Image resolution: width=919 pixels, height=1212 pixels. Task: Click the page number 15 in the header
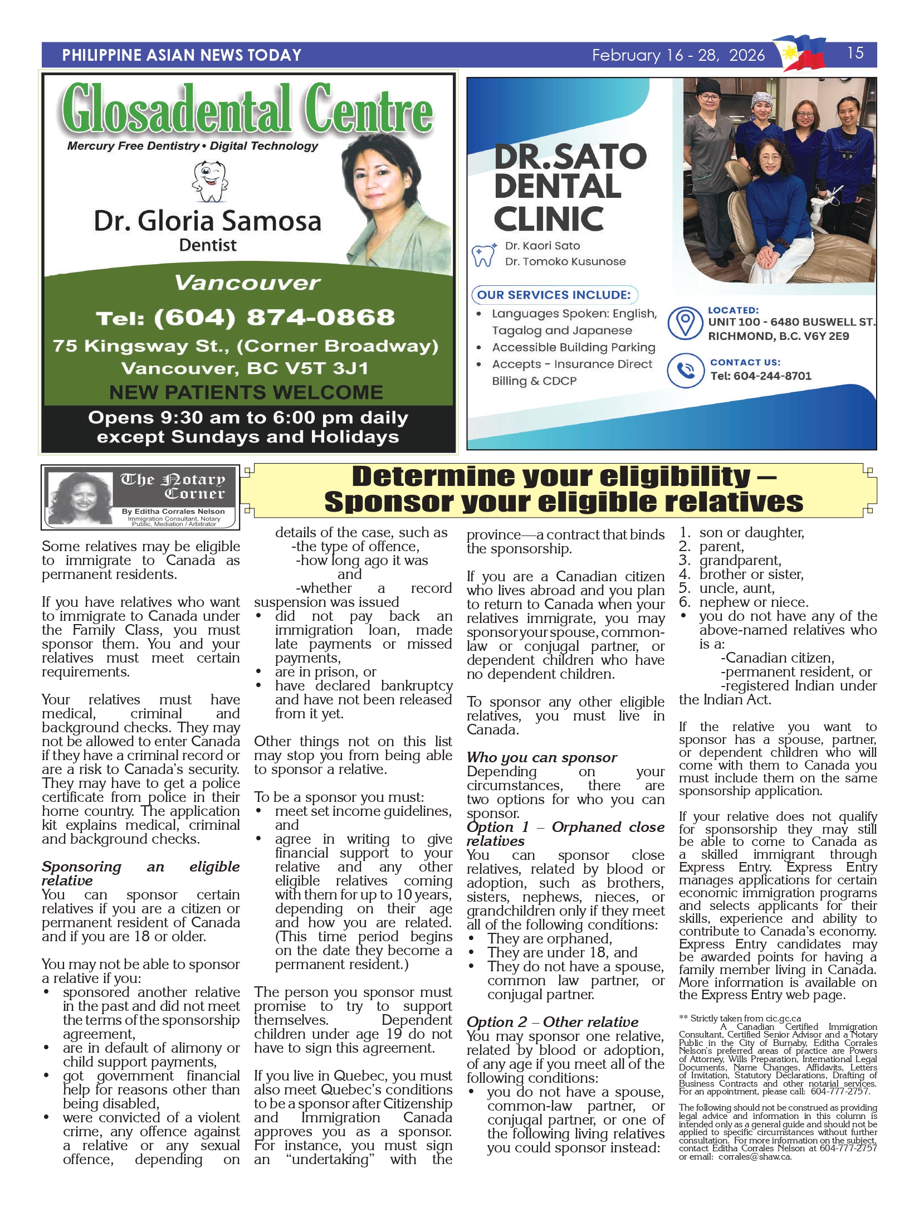click(855, 53)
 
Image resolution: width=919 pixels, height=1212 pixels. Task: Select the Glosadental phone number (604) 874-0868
click(245, 318)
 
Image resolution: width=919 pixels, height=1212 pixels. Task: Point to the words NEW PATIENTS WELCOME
click(246, 393)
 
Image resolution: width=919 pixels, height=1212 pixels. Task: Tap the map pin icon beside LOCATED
click(685, 323)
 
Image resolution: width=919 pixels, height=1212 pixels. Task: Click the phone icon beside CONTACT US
click(685, 371)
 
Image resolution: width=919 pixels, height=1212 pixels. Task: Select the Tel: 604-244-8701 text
click(761, 376)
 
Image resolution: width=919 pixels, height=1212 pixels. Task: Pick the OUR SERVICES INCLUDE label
click(554, 295)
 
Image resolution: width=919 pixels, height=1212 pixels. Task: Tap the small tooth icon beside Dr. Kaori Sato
click(483, 255)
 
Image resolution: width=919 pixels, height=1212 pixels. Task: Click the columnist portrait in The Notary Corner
click(82, 497)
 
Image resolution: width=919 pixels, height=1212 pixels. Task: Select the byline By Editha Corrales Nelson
click(173, 511)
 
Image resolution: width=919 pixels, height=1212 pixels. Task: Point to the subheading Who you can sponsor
click(541, 757)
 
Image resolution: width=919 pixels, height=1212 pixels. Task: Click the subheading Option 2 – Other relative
click(553, 1022)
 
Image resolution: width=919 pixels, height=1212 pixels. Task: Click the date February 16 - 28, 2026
click(678, 55)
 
